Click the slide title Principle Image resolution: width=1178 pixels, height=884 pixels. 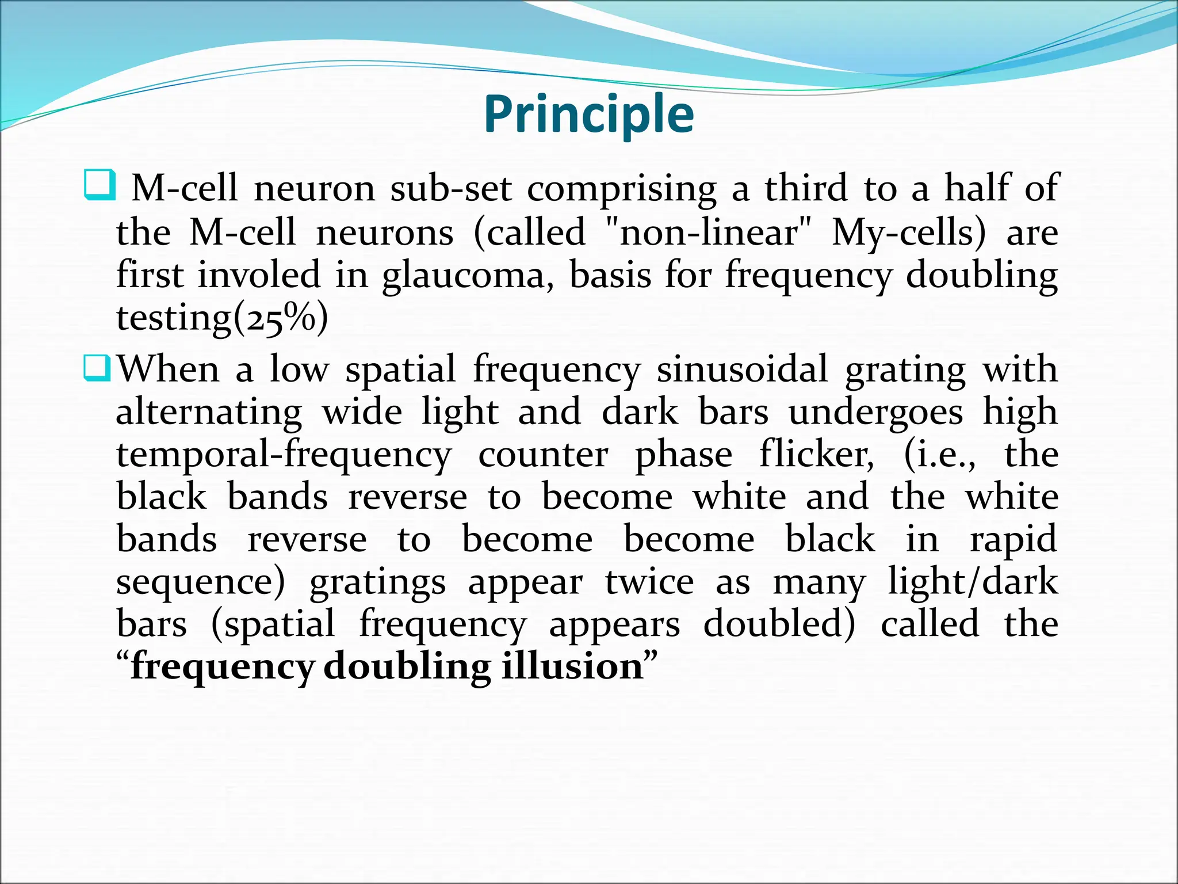coord(588,115)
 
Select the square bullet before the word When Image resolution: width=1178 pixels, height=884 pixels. coord(97,368)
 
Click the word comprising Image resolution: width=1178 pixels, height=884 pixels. coord(622,189)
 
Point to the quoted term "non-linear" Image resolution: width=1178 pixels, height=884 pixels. coord(710,233)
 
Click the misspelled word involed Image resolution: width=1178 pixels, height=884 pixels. coord(259,275)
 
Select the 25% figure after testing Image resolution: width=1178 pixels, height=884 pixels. coord(282,319)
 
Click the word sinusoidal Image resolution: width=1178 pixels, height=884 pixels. coord(742,369)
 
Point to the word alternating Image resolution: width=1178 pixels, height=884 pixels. coord(209,413)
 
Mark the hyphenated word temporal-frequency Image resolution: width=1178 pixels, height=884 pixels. coord(284,456)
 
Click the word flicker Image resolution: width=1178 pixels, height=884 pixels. coord(816,455)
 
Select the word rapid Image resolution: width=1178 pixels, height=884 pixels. coord(1013,540)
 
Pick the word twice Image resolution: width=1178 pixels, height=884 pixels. coord(649,582)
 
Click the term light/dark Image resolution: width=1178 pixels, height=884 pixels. coord(973,582)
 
